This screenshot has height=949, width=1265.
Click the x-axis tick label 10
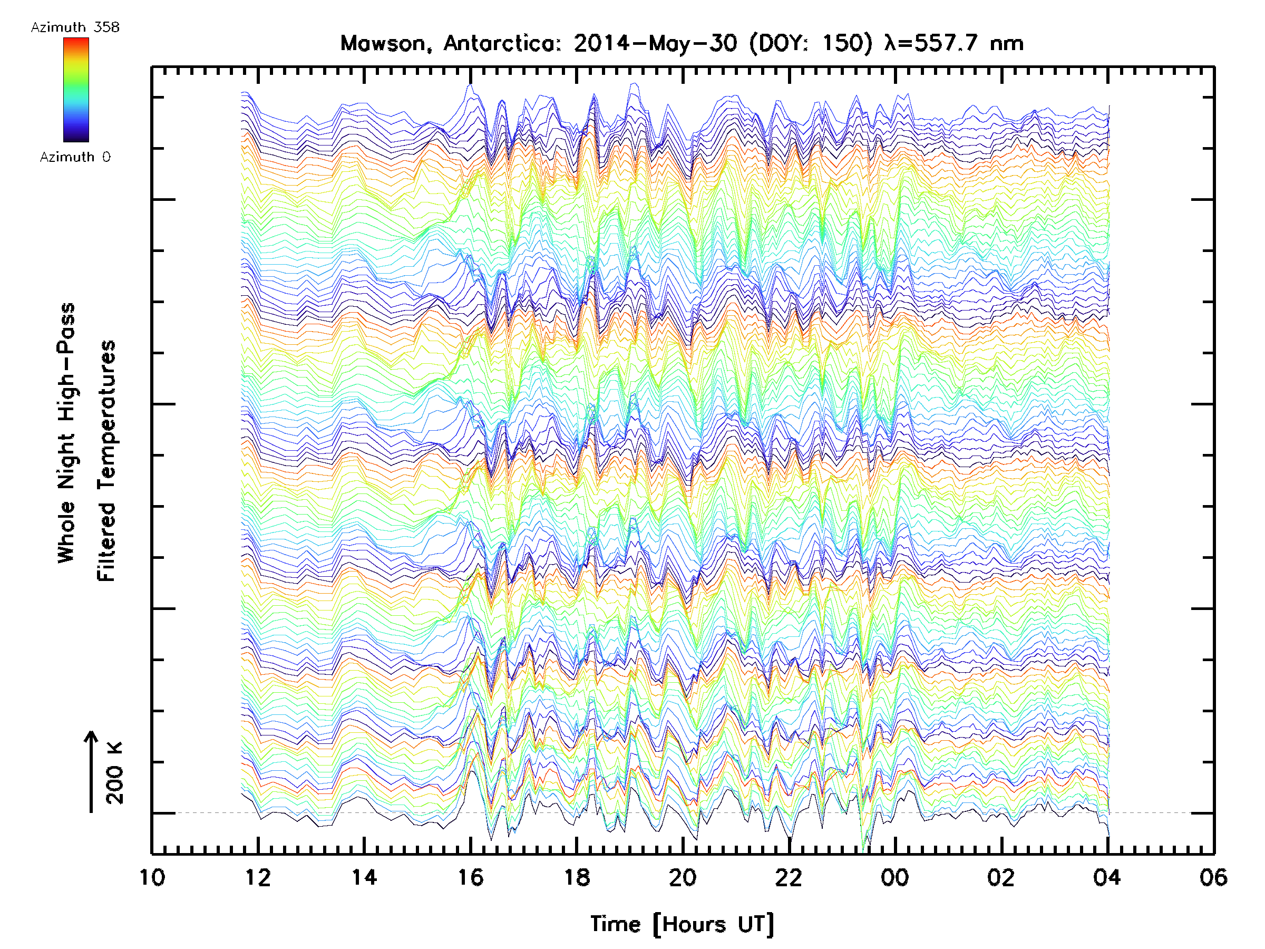(152, 877)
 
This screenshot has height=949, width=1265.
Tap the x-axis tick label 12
(258, 877)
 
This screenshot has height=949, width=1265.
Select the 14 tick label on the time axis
(364, 877)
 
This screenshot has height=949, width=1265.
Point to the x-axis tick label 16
(471, 877)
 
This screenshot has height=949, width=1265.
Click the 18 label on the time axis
(577, 877)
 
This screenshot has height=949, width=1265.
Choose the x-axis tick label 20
(683, 877)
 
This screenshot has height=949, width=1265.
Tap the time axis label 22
(789, 877)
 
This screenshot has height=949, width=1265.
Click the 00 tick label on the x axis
(895, 877)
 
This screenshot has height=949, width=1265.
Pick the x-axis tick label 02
(1001, 877)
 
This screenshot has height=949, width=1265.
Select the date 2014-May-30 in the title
(655, 43)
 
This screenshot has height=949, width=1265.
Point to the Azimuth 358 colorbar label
(75, 27)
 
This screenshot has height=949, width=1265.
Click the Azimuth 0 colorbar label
(75, 157)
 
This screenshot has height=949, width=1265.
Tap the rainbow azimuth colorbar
(76, 90)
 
